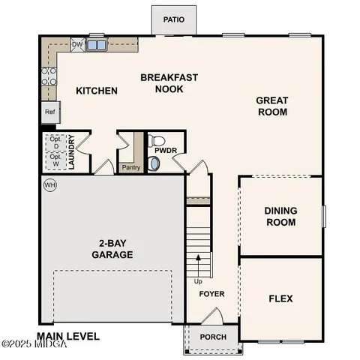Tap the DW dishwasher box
pos(76,45)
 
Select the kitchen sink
pos(96,45)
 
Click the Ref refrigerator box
pos(49,112)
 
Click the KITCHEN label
pos(97,91)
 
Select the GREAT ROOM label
pos(272,106)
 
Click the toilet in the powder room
pos(156,140)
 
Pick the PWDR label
pos(166,150)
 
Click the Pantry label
pos(131,168)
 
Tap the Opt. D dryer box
pos(55,142)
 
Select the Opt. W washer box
pos(55,160)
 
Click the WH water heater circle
pos(50,185)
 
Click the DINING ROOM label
pos(280,216)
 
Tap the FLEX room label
pos(280,298)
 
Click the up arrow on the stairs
pos(199,262)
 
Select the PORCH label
pos(213,337)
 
